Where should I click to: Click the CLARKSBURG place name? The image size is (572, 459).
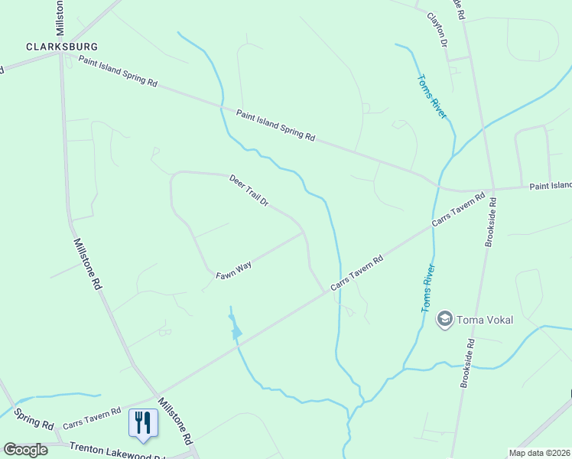(57, 46)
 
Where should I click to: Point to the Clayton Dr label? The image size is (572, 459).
(437, 28)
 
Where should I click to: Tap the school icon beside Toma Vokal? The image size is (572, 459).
(444, 317)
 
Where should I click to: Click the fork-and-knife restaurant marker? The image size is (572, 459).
(142, 423)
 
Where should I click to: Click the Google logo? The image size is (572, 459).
(25, 450)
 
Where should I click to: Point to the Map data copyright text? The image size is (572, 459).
(540, 453)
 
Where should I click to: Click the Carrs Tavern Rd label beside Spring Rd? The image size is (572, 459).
(92, 417)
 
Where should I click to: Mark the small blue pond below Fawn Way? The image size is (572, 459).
(236, 332)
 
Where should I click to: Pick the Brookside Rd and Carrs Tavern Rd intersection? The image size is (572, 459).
(493, 188)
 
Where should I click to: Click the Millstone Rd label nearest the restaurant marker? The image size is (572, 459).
(174, 422)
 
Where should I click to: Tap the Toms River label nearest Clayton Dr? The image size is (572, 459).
(432, 96)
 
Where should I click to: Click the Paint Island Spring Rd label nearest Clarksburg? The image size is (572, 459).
(118, 72)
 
